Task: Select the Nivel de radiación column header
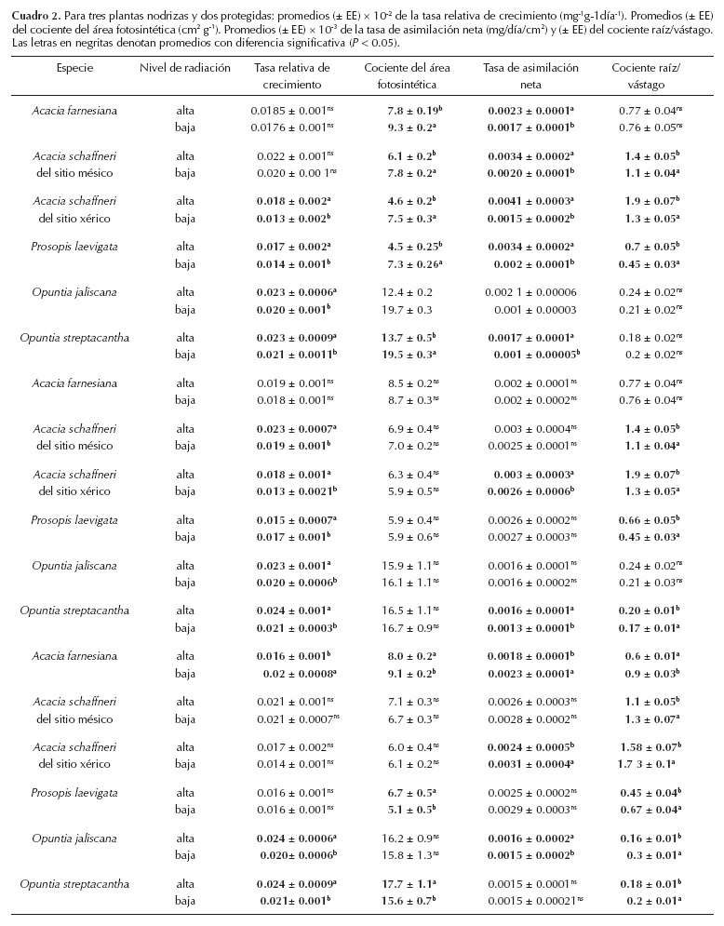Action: (185, 68)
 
